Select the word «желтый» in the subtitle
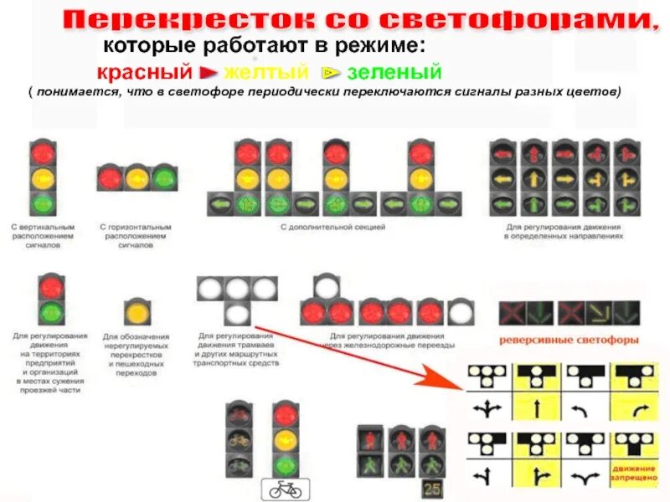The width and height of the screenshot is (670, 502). coord(265,74)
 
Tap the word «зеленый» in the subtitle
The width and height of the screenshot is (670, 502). coord(394,74)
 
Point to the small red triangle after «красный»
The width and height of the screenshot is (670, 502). coord(209,74)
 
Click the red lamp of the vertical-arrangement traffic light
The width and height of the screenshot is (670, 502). coord(42,153)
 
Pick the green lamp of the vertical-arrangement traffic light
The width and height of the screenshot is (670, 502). coord(42,203)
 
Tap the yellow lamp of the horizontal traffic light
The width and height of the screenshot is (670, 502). coord(137,178)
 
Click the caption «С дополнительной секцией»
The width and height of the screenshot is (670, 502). coord(332,227)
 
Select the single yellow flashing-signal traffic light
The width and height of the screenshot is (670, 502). coord(137,313)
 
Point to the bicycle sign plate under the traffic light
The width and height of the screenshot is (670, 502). coord(286,489)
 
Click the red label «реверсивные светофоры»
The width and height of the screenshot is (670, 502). coord(569,341)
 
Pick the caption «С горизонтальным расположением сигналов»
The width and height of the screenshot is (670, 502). coord(135,236)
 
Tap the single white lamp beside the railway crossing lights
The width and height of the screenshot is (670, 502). coord(461,313)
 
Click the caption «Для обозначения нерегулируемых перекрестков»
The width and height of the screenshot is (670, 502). coord(136,352)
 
